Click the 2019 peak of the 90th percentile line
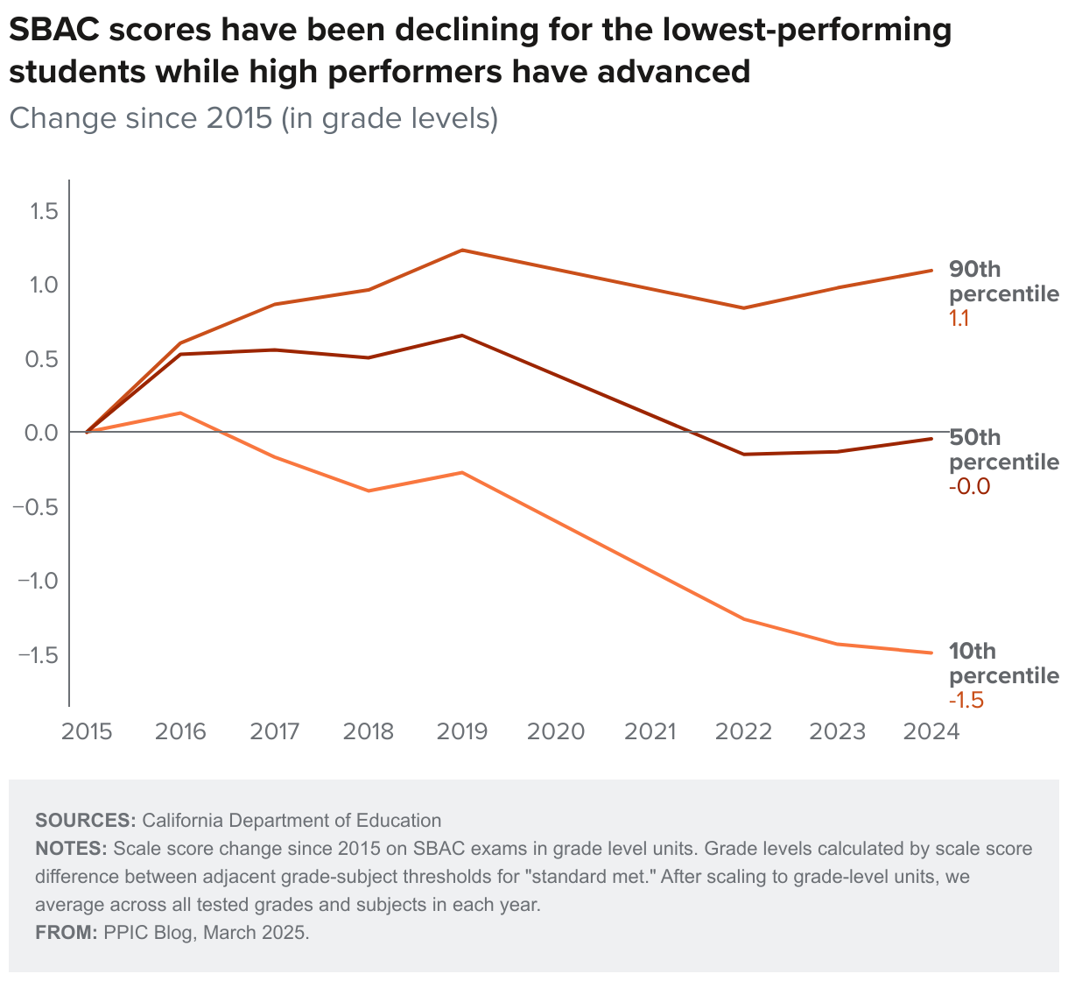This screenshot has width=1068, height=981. click(x=461, y=251)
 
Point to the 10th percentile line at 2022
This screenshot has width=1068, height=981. click(x=744, y=619)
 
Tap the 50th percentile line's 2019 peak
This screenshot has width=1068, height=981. click(x=461, y=335)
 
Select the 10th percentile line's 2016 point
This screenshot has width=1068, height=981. click(x=180, y=413)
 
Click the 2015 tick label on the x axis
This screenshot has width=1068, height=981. click(x=87, y=731)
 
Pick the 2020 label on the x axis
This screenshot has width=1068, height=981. click(x=556, y=731)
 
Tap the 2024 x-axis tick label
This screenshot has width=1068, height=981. click(x=931, y=731)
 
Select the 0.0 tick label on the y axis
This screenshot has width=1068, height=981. click(x=41, y=433)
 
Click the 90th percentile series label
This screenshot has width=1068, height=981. click(x=1003, y=281)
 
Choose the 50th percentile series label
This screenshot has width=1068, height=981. click(x=1003, y=449)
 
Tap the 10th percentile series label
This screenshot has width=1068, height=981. click(x=1003, y=663)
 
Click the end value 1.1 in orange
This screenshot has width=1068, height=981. click(x=959, y=318)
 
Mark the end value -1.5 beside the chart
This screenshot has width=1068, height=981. click(x=966, y=701)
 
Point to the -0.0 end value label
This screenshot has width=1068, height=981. click(x=970, y=487)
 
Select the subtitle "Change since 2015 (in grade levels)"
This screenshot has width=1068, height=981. click(x=254, y=117)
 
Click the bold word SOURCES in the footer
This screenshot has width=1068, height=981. click(x=85, y=821)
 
